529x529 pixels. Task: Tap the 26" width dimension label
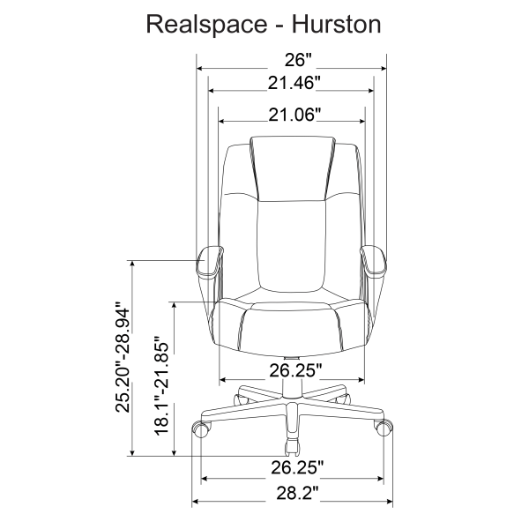pyautogui.click(x=292, y=60)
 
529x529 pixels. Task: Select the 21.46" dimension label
pyautogui.click(x=292, y=83)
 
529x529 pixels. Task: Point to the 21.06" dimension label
pyautogui.click(x=292, y=115)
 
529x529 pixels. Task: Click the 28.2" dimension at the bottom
pyautogui.click(x=292, y=493)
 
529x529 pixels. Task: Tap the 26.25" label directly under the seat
pyautogui.click(x=292, y=368)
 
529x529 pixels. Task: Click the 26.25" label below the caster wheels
pyautogui.click(x=292, y=466)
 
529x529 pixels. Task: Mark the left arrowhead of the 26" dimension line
pyautogui.click(x=200, y=68)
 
